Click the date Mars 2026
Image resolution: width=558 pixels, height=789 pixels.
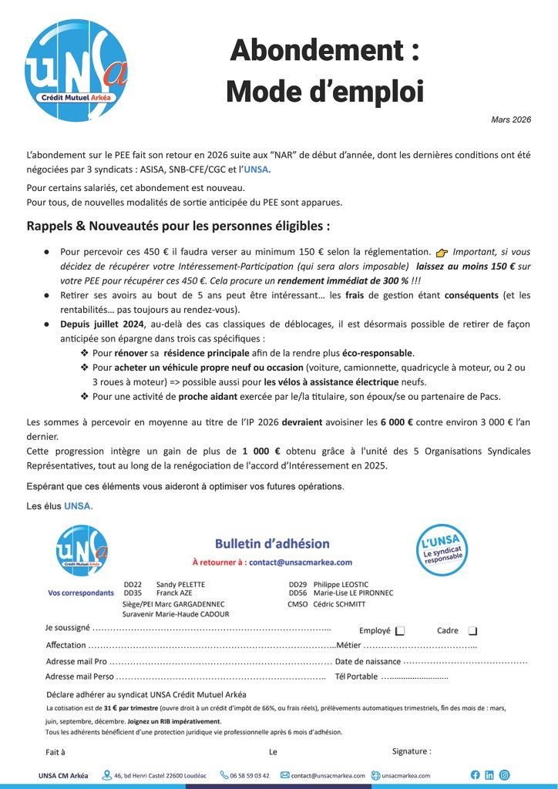coord(511,119)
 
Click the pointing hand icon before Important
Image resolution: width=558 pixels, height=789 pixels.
coord(442,252)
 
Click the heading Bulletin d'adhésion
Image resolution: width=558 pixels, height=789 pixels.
coord(272,544)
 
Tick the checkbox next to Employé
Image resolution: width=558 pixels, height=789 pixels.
coord(400,630)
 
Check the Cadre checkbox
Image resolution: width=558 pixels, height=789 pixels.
coord(472,630)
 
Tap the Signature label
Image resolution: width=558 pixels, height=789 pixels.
coord(412,751)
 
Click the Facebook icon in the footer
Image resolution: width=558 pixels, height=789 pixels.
coord(475,774)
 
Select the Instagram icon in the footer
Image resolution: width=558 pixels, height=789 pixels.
coord(504,774)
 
